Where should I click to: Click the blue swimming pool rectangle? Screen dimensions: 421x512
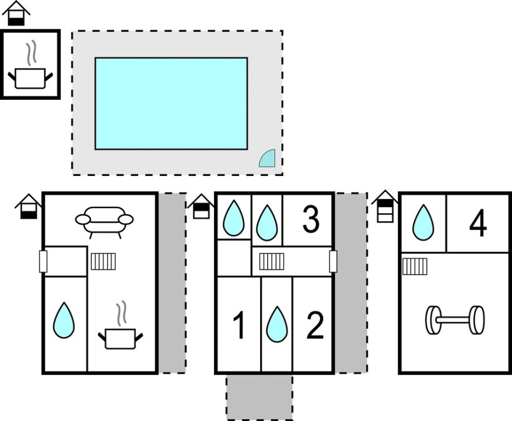(x=171, y=103)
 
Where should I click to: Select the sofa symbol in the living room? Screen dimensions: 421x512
(x=104, y=221)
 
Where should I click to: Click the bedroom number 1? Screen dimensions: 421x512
(x=239, y=326)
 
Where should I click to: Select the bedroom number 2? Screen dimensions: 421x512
(x=314, y=326)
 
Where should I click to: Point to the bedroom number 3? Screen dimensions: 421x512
(x=311, y=220)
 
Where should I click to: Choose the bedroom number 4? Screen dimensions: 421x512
(x=477, y=224)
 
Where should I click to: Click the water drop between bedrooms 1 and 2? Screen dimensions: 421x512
(x=277, y=325)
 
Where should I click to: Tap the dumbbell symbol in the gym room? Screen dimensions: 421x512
(x=455, y=320)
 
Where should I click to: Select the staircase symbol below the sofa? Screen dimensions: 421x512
(x=103, y=261)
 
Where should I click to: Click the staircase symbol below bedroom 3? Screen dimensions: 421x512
(x=272, y=261)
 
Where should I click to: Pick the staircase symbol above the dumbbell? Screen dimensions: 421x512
(x=415, y=266)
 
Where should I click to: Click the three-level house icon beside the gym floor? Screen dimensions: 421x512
(x=385, y=206)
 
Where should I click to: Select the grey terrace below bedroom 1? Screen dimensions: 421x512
(x=260, y=397)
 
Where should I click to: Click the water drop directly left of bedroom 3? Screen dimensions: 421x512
(x=267, y=222)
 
